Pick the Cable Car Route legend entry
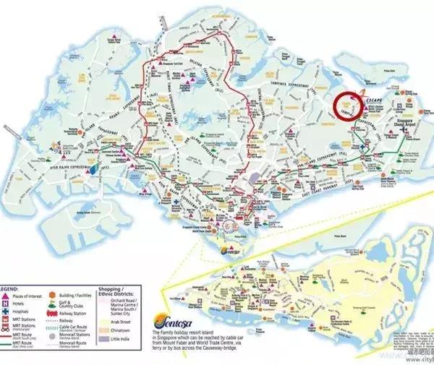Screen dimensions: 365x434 pos(82,325)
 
